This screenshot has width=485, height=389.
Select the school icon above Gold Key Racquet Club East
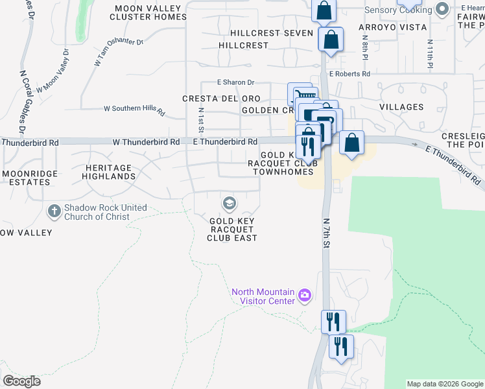click(228, 204)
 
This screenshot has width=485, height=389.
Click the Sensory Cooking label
click(398, 10)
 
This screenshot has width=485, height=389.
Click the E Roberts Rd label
click(349, 74)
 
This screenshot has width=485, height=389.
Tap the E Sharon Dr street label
click(237, 82)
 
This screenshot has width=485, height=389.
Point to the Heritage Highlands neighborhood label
click(109, 172)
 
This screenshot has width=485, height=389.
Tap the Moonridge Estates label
click(30, 178)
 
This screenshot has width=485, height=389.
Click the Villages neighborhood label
click(401, 107)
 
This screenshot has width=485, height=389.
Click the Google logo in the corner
click(21, 381)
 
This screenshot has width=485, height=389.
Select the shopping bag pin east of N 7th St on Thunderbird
click(351, 143)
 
